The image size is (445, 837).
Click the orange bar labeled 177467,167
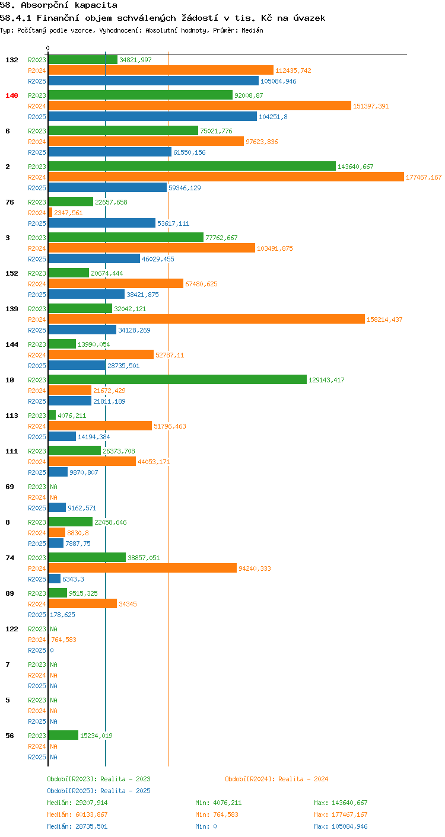click(226, 177)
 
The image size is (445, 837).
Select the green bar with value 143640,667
click(192, 167)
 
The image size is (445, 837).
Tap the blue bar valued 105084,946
click(154, 81)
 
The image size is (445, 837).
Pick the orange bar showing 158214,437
click(207, 319)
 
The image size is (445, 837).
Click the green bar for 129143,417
click(177, 379)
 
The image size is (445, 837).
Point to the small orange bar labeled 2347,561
click(50, 212)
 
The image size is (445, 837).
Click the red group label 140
click(12, 95)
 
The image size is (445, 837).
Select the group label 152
click(12, 273)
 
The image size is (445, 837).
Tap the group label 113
click(12, 416)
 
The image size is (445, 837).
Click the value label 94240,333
click(255, 568)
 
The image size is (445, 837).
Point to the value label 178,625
click(62, 615)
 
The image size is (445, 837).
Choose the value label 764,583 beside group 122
click(63, 640)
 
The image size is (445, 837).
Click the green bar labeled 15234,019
click(63, 735)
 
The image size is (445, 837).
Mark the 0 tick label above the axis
click(47, 48)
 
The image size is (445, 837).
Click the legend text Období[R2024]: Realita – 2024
click(276, 779)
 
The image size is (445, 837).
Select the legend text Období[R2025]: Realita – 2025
click(98, 791)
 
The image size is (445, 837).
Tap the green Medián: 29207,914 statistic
click(77, 803)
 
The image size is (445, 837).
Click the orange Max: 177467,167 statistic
click(341, 814)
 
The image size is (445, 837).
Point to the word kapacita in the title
click(96, 5)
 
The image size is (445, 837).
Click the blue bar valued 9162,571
click(57, 507)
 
